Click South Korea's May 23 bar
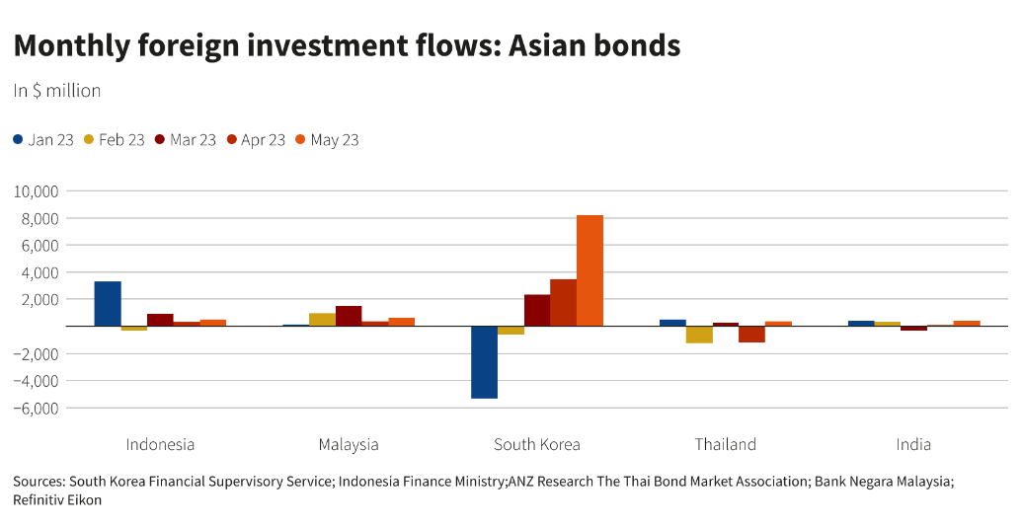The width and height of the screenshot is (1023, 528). [590, 270]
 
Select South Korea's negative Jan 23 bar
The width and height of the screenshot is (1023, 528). [484, 362]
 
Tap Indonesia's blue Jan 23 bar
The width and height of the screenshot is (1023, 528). [108, 304]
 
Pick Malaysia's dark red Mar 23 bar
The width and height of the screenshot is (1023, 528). [349, 316]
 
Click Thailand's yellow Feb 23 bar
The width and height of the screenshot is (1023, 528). [699, 335]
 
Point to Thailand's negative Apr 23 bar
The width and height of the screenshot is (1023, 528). [751, 334]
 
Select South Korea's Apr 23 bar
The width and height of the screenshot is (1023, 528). [563, 302]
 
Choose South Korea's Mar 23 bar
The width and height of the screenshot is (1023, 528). [537, 310]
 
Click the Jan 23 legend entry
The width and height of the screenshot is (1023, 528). [43, 140]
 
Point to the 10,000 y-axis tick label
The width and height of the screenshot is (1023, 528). [37, 190]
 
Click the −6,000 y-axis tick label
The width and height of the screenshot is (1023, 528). [37, 408]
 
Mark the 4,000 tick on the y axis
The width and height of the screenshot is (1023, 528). [40, 272]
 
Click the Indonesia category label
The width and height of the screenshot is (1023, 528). [160, 444]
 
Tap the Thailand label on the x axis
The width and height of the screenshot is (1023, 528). [725, 444]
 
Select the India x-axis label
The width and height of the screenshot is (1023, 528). [913, 444]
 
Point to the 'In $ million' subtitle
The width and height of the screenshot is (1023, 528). [57, 91]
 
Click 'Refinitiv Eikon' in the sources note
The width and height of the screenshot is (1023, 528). [57, 500]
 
